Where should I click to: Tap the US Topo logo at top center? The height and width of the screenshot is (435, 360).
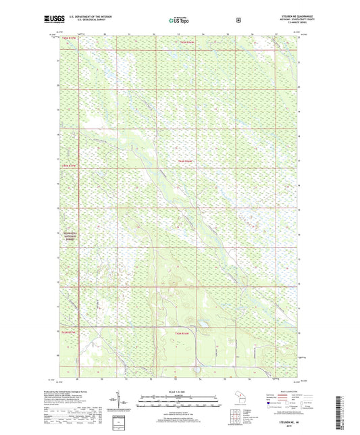pyautogui.click(x=180, y=21)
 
